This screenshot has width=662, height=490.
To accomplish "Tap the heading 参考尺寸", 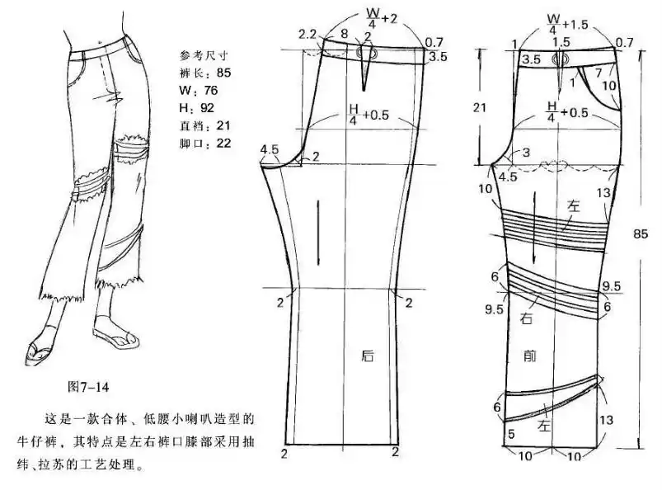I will (203, 55).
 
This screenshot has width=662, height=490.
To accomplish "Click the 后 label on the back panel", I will (368, 356).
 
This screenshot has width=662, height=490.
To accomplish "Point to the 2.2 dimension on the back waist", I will (307, 34).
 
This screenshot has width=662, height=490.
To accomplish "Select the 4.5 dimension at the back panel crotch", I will (269, 149).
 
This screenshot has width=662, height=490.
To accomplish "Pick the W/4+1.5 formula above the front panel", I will (566, 21).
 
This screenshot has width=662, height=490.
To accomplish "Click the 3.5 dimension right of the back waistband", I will (439, 57).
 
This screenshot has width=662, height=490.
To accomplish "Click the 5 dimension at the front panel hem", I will (511, 434).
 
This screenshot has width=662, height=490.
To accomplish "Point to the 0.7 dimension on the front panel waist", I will (624, 42).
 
